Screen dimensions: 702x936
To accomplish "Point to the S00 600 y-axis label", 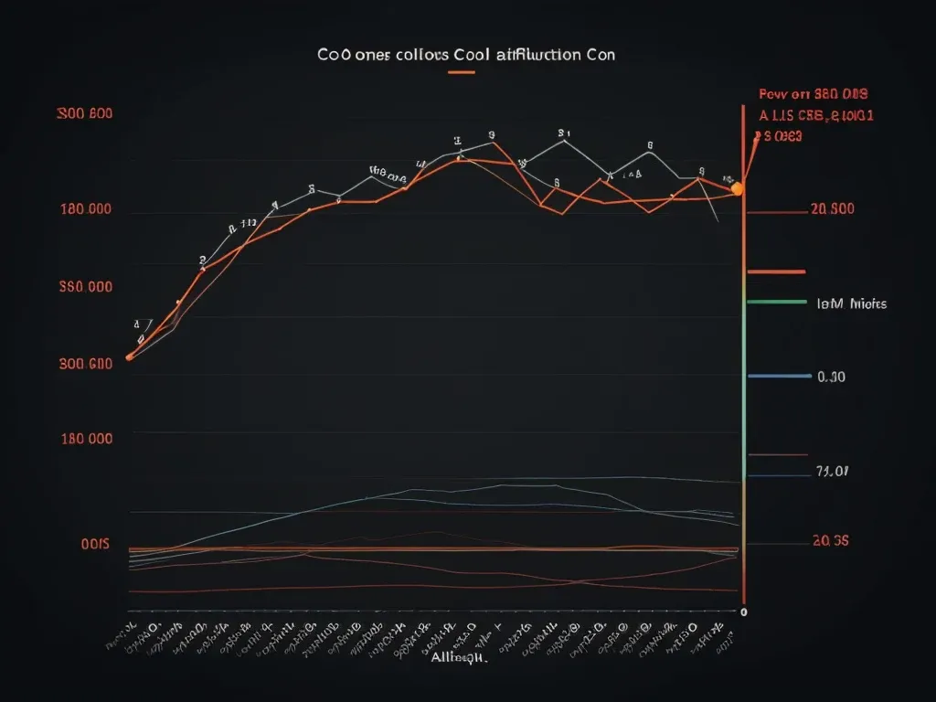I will coord(84,115).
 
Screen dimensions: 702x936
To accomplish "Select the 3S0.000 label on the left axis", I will coord(84,286).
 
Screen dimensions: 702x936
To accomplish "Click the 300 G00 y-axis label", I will coord(84,364).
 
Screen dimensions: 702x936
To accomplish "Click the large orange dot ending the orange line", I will coord(738,189).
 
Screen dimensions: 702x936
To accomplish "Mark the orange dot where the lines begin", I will coord(129,357).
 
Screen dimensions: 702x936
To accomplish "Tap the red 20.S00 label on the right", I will coord(832,209).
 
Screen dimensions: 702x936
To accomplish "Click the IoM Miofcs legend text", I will coord(851,303).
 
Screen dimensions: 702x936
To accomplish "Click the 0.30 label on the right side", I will coord(831,377).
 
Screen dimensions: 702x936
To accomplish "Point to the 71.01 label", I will coord(832,472).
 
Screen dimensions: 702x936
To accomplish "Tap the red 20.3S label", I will coord(830,540).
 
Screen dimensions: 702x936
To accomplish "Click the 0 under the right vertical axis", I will coord(744,612).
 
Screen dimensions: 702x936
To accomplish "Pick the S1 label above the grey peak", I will coord(564,132).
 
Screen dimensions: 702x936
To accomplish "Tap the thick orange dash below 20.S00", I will coord(776,271).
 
